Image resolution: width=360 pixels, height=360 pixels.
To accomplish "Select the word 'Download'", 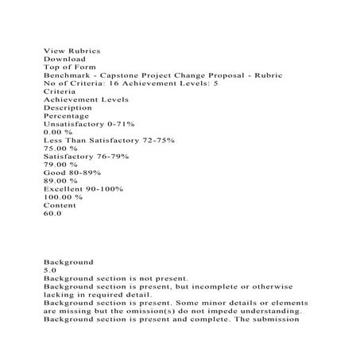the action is (64, 59).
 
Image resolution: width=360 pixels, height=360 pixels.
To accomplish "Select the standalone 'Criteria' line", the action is (60, 91).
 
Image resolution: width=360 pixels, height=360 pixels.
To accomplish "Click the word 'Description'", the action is (68, 108).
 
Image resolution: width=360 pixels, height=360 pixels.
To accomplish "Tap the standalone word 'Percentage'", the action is (66, 116).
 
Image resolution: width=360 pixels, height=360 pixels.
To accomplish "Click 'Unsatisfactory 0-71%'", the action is (89, 124).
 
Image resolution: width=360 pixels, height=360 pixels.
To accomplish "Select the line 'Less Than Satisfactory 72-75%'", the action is (110, 140).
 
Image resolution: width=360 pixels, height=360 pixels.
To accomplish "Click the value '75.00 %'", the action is (61, 148).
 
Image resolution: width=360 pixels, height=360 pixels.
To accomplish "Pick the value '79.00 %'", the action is (61, 165).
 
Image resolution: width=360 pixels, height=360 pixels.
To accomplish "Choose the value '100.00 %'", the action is (64, 196).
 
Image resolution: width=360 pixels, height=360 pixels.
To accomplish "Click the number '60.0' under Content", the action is (52, 213).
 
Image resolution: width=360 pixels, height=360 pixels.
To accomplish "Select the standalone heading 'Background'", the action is (68, 261).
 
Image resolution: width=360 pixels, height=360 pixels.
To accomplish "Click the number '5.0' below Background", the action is (49, 270).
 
